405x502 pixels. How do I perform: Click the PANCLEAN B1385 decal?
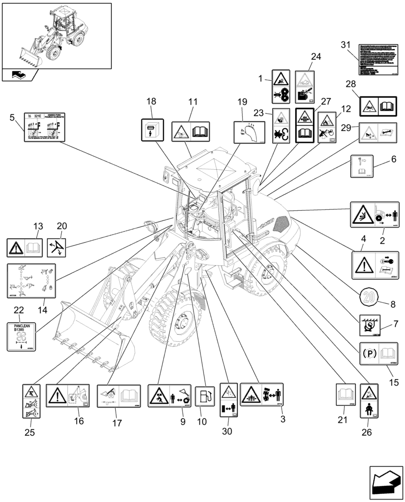(x=23, y=336)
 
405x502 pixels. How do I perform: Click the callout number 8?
(x=392, y=304)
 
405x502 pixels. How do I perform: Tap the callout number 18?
(x=151, y=102)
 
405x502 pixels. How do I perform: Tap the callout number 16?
(x=79, y=421)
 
